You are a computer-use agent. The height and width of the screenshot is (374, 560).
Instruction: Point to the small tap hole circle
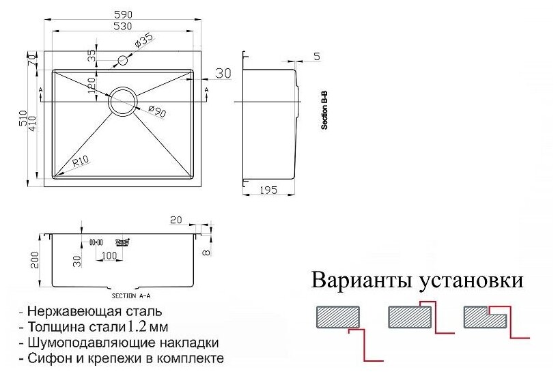[x=123, y=60]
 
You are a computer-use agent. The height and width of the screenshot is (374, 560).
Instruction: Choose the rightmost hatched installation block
[x=482, y=316]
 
